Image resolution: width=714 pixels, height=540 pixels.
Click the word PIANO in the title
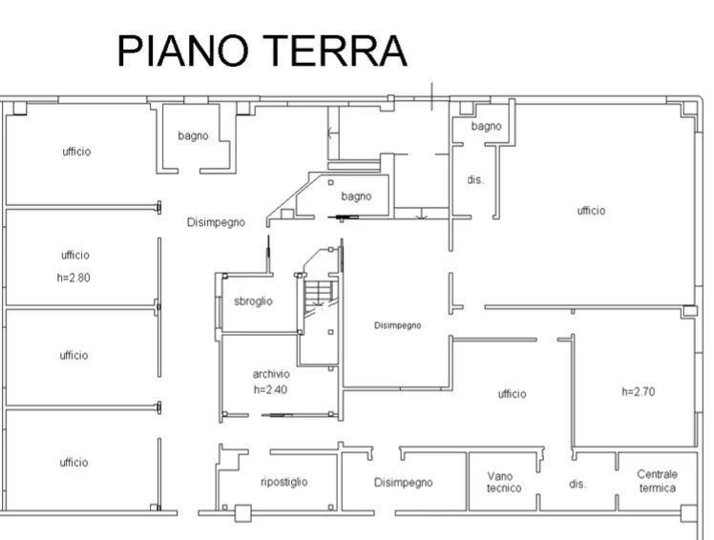click(183, 51)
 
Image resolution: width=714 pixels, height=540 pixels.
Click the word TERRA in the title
click(335, 51)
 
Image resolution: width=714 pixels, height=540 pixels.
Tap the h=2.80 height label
click(73, 278)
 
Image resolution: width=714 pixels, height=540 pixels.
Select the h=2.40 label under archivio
click(270, 389)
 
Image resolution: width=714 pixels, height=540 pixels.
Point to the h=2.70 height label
click(639, 391)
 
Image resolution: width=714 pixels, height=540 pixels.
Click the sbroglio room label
click(253, 301)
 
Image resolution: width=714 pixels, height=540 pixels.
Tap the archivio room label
click(271, 374)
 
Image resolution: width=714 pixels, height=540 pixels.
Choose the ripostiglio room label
click(284, 482)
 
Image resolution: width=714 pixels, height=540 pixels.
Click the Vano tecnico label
click(504, 482)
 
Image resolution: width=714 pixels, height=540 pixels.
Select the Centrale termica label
click(657, 481)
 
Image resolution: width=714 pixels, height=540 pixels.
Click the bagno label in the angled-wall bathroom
click(357, 197)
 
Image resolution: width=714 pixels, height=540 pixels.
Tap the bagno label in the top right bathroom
click(486, 126)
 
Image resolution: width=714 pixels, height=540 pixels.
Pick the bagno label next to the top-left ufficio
click(193, 135)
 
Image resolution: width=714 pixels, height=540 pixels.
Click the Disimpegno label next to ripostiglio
click(404, 482)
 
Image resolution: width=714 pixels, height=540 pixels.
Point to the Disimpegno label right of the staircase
click(397, 325)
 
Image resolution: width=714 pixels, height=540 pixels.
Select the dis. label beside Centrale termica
click(577, 484)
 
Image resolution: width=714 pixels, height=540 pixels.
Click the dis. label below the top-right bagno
click(475, 180)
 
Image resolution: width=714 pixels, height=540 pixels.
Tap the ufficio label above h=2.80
click(75, 255)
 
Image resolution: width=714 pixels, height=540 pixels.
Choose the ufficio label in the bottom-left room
click(73, 463)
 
